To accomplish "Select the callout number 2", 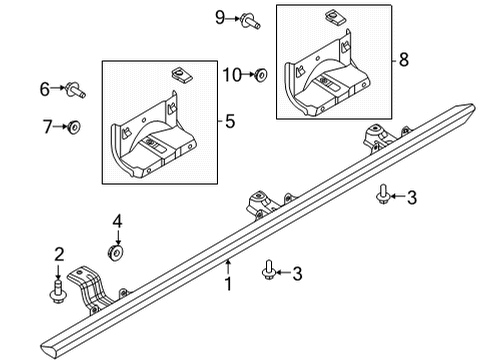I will [59, 253].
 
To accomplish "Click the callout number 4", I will [117, 221].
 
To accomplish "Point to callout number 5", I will [231, 123].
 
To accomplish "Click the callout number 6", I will [45, 90].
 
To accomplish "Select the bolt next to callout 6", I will [76, 91].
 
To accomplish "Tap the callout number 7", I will [45, 127].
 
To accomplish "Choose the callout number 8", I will [403, 60].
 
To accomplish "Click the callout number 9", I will [220, 17].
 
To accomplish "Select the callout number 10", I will [230, 74].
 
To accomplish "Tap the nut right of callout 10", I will [259, 74].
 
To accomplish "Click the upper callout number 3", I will [411, 197].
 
